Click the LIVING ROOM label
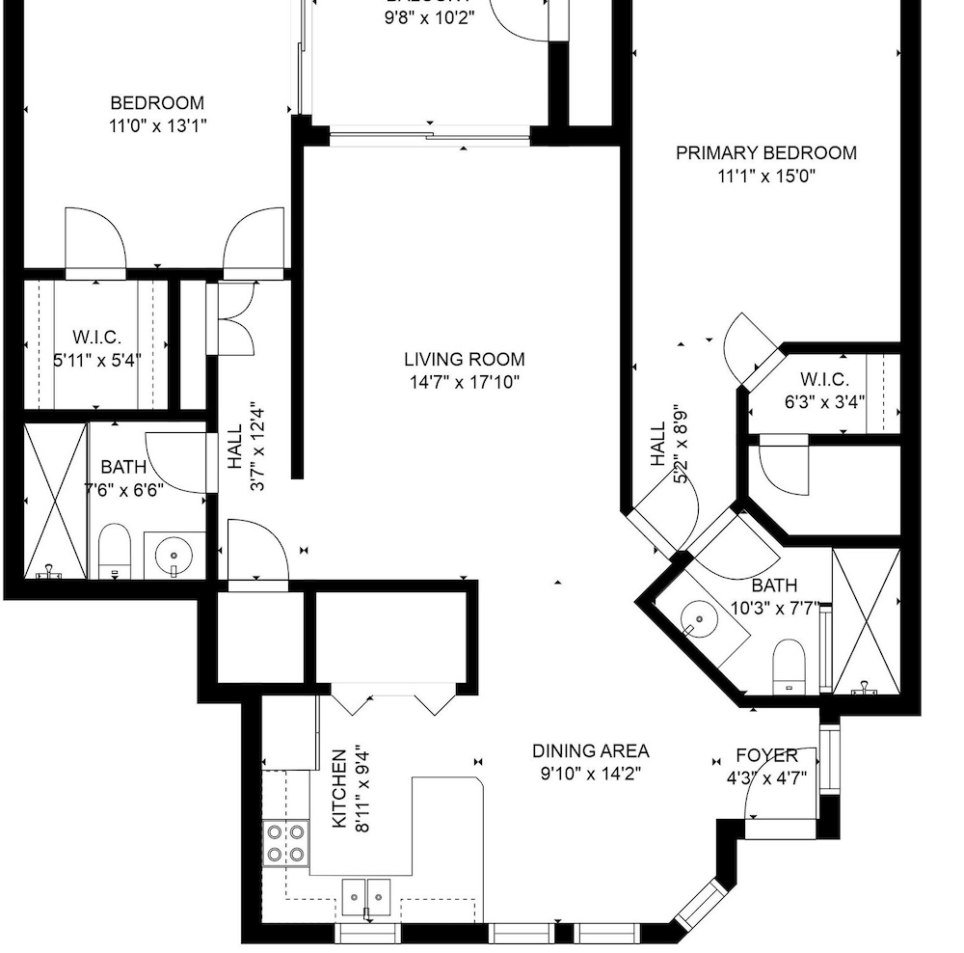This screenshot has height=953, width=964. pyautogui.click(x=464, y=360)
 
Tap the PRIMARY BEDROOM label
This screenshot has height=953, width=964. pyautogui.click(x=765, y=152)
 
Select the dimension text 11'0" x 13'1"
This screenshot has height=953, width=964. pyautogui.click(x=157, y=125)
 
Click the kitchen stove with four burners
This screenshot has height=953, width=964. pyautogui.click(x=286, y=842)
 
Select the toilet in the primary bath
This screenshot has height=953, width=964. pyautogui.click(x=789, y=665)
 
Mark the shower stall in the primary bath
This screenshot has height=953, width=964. pyautogui.click(x=866, y=622)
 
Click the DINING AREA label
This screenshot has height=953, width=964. pyautogui.click(x=590, y=750)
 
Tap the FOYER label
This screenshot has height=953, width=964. pyautogui.click(x=766, y=755)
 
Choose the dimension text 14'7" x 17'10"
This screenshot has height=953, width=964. pyautogui.click(x=464, y=382)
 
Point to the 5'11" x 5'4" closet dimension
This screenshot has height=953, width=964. pyautogui.click(x=96, y=361)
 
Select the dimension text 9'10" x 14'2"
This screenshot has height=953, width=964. pyautogui.click(x=590, y=773)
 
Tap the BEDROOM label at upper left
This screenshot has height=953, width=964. pyautogui.click(x=157, y=103)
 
